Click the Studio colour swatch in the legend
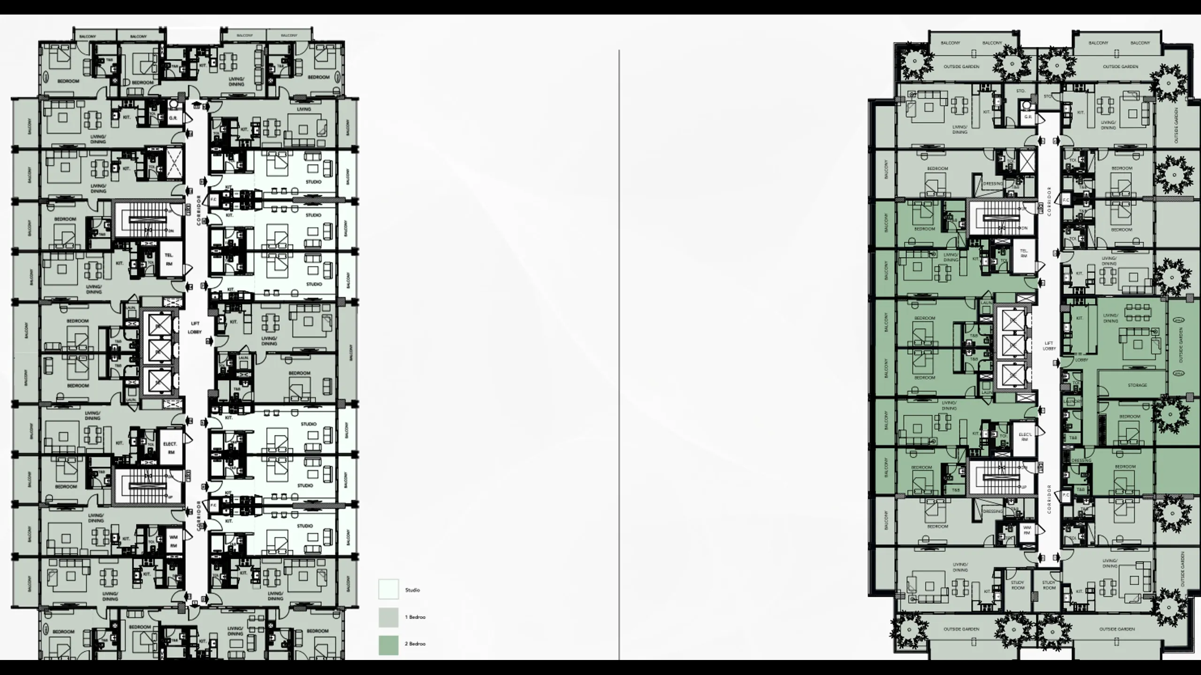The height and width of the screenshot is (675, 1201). [388, 589]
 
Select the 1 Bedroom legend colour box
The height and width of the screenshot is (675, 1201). [388, 617]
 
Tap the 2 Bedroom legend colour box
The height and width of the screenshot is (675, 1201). [388, 645]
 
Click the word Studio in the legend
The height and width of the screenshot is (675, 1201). [412, 590]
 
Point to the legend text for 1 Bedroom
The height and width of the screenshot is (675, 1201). [415, 617]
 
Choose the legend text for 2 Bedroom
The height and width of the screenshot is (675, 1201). [415, 644]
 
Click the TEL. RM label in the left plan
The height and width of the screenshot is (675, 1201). [169, 259]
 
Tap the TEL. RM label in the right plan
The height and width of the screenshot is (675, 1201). [1024, 254]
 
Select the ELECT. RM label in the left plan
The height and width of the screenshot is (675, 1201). [170, 448]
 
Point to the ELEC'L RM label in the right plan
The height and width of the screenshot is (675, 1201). [1025, 437]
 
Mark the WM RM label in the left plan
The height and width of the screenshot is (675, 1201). [173, 542]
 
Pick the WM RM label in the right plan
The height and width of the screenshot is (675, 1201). [1026, 530]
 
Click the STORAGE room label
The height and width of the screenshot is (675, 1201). [1137, 385]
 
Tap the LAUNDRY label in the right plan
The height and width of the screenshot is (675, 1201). [1072, 402]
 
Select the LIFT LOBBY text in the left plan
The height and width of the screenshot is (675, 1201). [195, 328]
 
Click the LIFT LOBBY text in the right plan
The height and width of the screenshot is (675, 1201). [1049, 346]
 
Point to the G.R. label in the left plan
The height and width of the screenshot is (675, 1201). [173, 118]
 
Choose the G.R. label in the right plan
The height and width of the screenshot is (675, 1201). [1028, 117]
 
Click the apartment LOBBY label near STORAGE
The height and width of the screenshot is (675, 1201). [1081, 360]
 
